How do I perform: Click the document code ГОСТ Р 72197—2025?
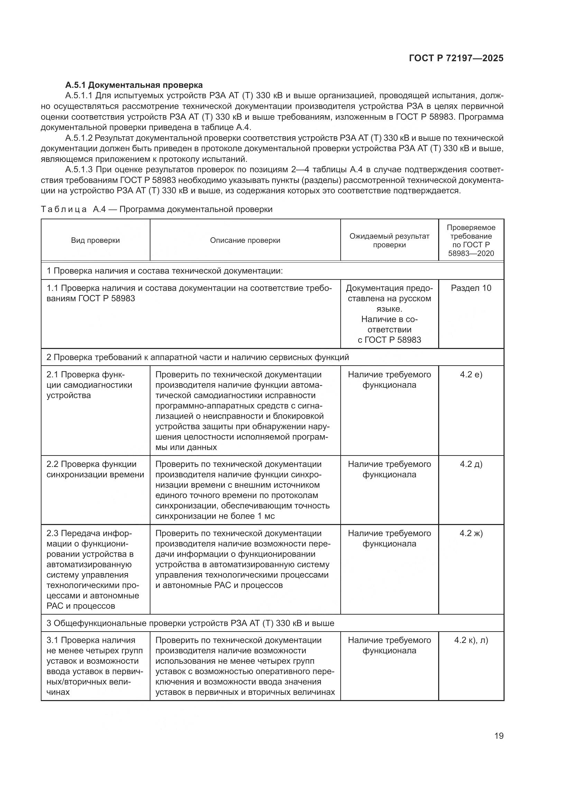[x=456, y=58]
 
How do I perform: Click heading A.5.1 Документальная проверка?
[x=134, y=85]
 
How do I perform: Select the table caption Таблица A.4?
[x=156, y=209]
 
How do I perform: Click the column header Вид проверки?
[x=95, y=240]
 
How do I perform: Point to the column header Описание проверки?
[x=245, y=240]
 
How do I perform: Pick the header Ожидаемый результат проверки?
[x=389, y=240]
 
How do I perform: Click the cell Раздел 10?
[x=471, y=288]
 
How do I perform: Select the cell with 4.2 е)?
[x=471, y=374]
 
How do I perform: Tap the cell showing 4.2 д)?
[x=471, y=464]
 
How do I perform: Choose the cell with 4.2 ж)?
[x=471, y=533]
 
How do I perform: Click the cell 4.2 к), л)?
[x=471, y=640]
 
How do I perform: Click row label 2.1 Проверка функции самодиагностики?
[x=90, y=385]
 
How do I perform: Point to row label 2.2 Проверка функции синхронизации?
[x=95, y=469]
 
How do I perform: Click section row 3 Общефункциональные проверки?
[x=190, y=623]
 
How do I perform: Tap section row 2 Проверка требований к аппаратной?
[x=197, y=357]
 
